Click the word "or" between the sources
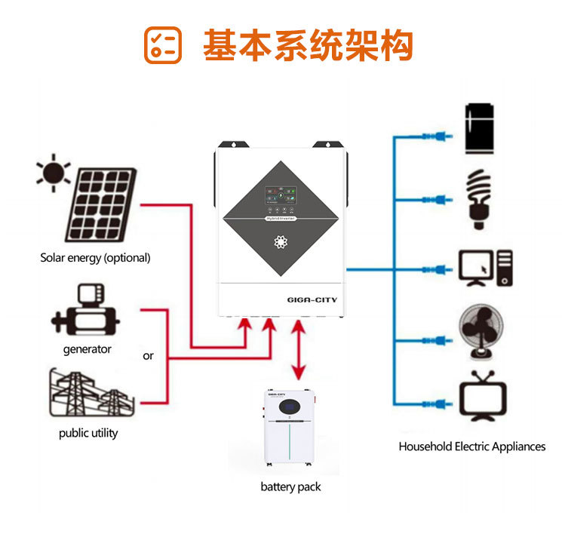pyautogui.click(x=148, y=356)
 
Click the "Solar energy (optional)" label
pyautogui.click(x=95, y=258)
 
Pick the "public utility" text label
pyautogui.click(x=88, y=433)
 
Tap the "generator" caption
pyautogui.click(x=87, y=349)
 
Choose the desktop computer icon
pyautogui.click(x=485, y=268)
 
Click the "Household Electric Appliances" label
pyautogui.click(x=471, y=447)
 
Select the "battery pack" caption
pyautogui.click(x=290, y=486)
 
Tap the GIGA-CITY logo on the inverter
pyautogui.click(x=312, y=299)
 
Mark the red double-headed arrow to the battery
pyautogui.click(x=299, y=351)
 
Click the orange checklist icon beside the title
pyautogui.click(x=163, y=45)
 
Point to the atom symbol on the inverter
pyautogui.click(x=280, y=244)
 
